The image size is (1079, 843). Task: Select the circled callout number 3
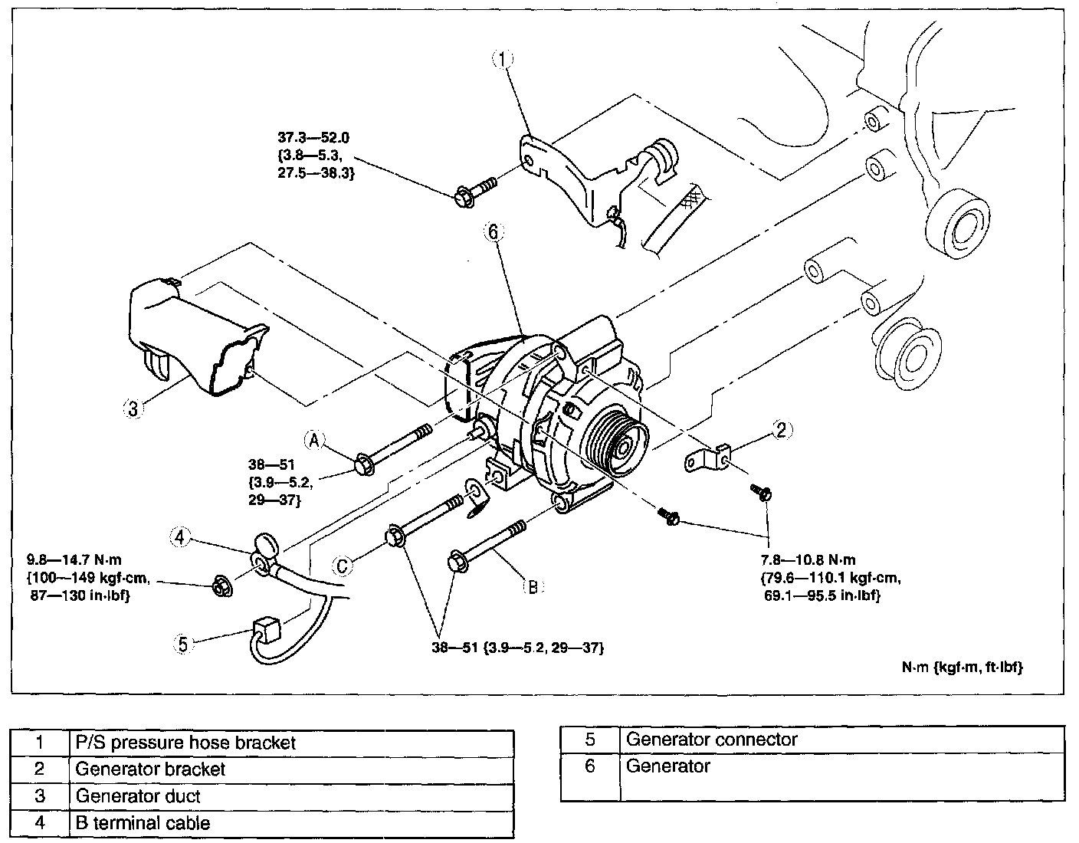[133, 409]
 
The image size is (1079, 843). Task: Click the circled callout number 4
[179, 537]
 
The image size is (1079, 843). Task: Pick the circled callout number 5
[182, 645]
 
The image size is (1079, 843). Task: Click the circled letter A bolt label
[313, 440]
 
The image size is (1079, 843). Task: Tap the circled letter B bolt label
[532, 588]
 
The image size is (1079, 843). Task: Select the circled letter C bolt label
[343, 566]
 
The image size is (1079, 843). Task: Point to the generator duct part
[195, 338]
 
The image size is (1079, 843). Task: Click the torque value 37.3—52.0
[313, 138]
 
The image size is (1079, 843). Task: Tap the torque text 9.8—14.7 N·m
[74, 561]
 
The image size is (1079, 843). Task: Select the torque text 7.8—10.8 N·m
[807, 560]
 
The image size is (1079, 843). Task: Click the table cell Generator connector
[711, 740]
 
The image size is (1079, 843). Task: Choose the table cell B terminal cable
[143, 823]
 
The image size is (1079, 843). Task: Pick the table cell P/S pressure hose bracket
[185, 743]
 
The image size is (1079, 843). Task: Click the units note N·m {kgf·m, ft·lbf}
[962, 667]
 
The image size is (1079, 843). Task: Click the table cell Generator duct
[138, 796]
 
